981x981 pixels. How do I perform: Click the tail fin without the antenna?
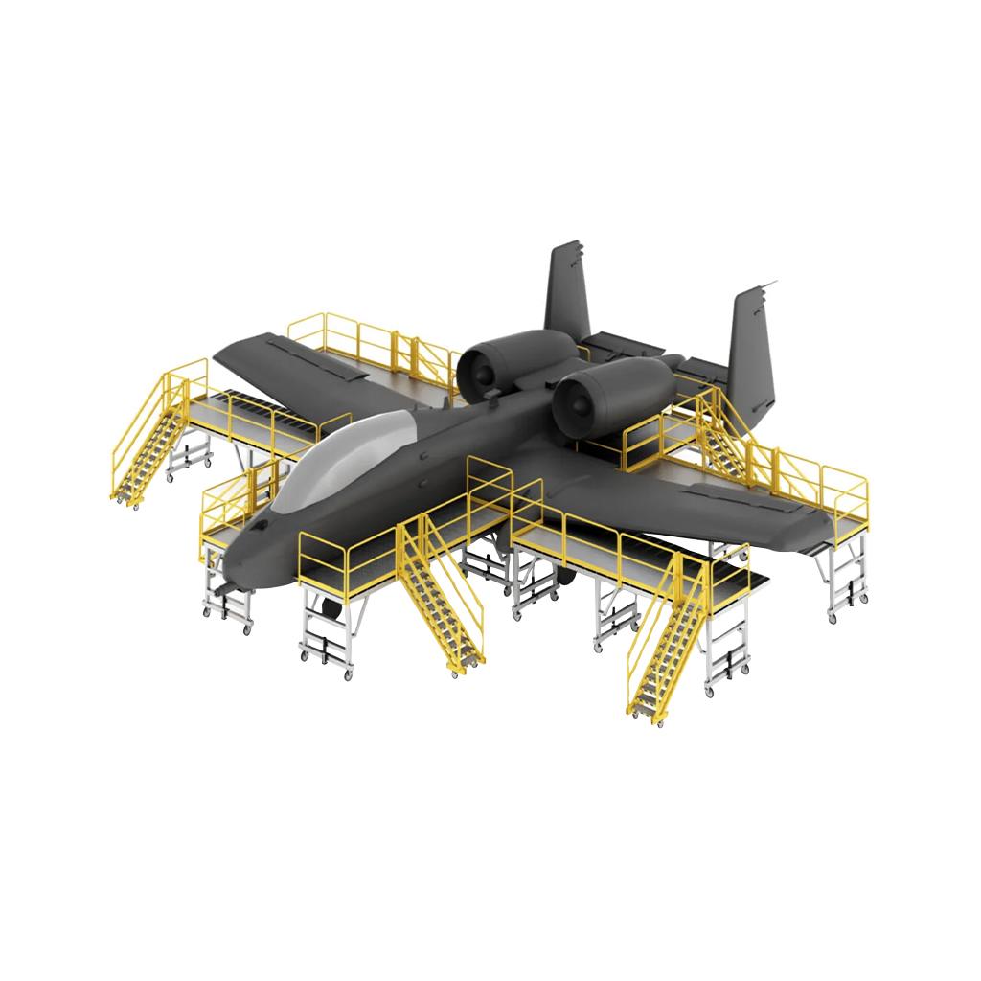[568, 287]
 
